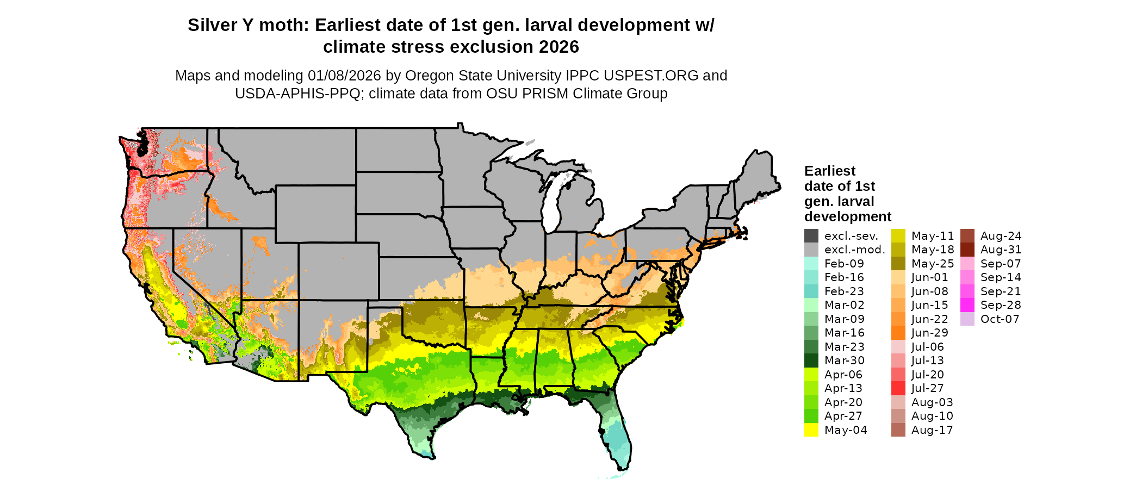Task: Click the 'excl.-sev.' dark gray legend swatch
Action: click(x=811, y=236)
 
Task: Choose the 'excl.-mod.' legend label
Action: click(x=854, y=250)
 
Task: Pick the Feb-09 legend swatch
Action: click(x=811, y=264)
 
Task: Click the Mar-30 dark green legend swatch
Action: click(x=811, y=360)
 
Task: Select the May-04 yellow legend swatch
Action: click(x=811, y=430)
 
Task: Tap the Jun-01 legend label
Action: click(x=930, y=278)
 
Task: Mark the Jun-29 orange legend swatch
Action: click(x=898, y=333)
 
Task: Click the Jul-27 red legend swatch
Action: click(x=898, y=388)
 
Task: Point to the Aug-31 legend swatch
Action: click(x=967, y=250)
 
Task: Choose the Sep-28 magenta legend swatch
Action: click(x=967, y=305)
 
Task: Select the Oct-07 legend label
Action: click(x=1000, y=319)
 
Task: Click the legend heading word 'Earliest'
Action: click(x=830, y=171)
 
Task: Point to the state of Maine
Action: click(x=759, y=174)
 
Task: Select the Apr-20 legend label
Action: click(x=843, y=402)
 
